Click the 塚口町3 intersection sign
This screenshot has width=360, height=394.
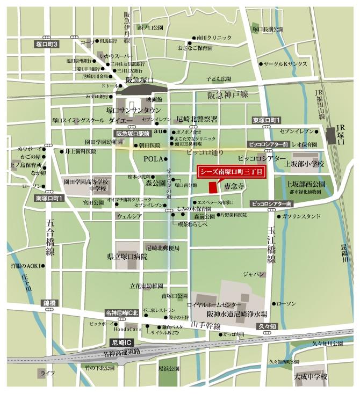click(x=47, y=43)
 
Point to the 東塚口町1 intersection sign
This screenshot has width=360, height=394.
click(x=267, y=120)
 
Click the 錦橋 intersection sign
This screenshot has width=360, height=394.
click(x=49, y=303)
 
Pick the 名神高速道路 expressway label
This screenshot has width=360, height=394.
click(x=121, y=352)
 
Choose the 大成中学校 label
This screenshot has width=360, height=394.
click(x=310, y=377)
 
